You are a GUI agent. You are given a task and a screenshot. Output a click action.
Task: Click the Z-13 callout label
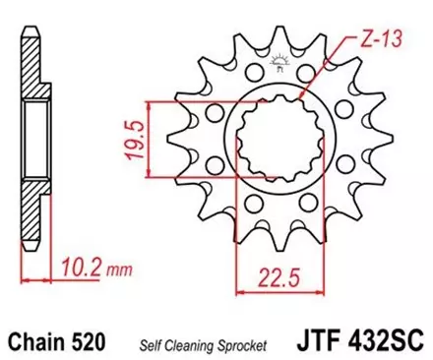369,40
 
